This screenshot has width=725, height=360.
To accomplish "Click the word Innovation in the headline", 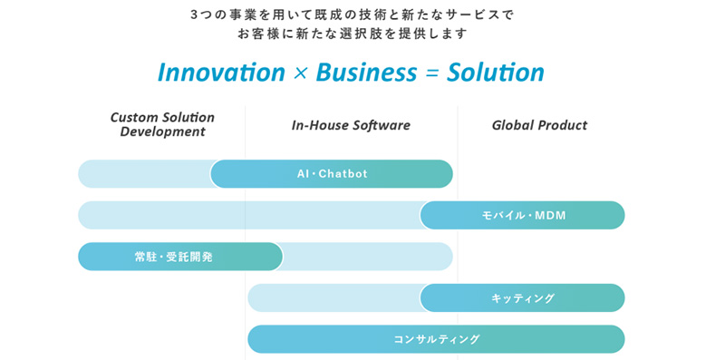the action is (x=221, y=73).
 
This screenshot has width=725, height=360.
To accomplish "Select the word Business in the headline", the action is (x=366, y=73).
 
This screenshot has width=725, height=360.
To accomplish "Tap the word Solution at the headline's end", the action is (x=495, y=73).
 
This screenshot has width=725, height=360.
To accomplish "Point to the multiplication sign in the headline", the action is (x=301, y=74).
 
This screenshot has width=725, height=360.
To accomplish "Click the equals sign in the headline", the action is (x=431, y=74).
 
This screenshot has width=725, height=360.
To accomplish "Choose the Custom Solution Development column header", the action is (x=162, y=124).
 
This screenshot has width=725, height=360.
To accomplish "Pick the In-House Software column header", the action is (x=351, y=125).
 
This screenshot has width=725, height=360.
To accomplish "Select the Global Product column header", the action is (x=539, y=125).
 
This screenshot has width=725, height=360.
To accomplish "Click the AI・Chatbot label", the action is (x=332, y=173).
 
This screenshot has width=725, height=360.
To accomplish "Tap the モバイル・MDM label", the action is (x=524, y=215).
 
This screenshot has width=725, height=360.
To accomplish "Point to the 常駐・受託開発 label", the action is (x=174, y=257).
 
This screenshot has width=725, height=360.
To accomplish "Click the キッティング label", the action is (x=523, y=298).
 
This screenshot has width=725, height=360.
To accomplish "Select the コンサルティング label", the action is (x=437, y=339).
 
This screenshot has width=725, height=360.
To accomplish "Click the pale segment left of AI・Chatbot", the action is (x=144, y=173).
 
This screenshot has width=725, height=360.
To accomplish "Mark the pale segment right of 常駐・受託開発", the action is (x=368, y=257).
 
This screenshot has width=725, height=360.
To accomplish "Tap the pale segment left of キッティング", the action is (x=333, y=298).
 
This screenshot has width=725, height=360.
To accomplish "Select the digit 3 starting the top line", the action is (x=194, y=15).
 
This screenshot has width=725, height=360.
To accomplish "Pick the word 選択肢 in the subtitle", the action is (x=376, y=34).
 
